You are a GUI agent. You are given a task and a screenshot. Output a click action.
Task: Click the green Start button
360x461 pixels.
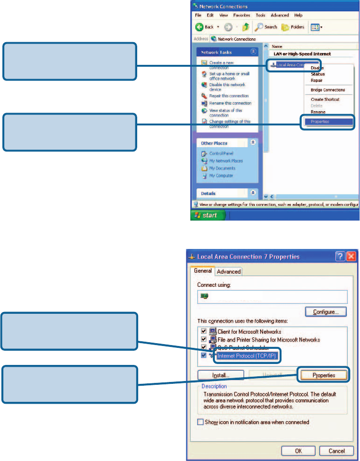[207, 215]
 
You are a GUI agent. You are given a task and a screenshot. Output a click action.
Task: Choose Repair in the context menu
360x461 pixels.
[316, 80]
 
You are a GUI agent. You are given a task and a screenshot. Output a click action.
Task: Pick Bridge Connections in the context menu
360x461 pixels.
[327, 90]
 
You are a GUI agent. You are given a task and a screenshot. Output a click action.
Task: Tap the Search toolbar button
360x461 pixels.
[266, 27]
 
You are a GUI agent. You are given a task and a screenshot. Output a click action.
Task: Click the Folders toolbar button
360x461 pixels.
[294, 27]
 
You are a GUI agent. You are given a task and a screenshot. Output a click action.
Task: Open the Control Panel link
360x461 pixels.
[221, 153]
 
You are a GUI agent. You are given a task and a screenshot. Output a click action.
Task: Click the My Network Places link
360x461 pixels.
[226, 161]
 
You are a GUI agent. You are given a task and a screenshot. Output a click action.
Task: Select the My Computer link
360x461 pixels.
[221, 176]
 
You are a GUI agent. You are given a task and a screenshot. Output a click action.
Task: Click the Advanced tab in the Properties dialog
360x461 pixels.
[229, 272]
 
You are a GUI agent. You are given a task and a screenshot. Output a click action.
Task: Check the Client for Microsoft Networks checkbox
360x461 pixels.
[203, 332]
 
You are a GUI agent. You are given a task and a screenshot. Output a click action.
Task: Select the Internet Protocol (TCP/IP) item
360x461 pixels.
[247, 355]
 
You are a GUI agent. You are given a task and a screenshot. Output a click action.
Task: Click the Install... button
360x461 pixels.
[220, 375]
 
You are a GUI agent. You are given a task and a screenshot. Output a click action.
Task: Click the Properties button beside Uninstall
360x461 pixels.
[324, 375]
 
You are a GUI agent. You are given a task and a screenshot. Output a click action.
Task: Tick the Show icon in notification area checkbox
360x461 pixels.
[201, 422]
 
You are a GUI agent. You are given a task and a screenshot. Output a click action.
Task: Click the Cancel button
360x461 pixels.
[336, 451]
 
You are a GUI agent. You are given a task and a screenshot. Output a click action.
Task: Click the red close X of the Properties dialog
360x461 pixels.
[351, 257]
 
